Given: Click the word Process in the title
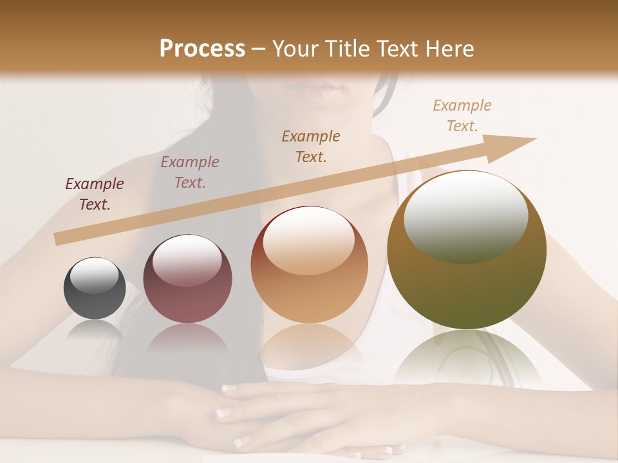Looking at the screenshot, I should [x=202, y=49].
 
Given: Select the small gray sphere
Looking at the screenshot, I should [x=95, y=289].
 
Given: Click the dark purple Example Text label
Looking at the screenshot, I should [x=95, y=194].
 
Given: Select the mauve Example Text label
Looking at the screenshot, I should [x=190, y=172].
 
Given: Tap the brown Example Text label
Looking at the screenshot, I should [x=311, y=146].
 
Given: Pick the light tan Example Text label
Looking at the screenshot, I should [x=462, y=116].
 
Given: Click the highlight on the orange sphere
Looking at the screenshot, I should [x=309, y=241].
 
